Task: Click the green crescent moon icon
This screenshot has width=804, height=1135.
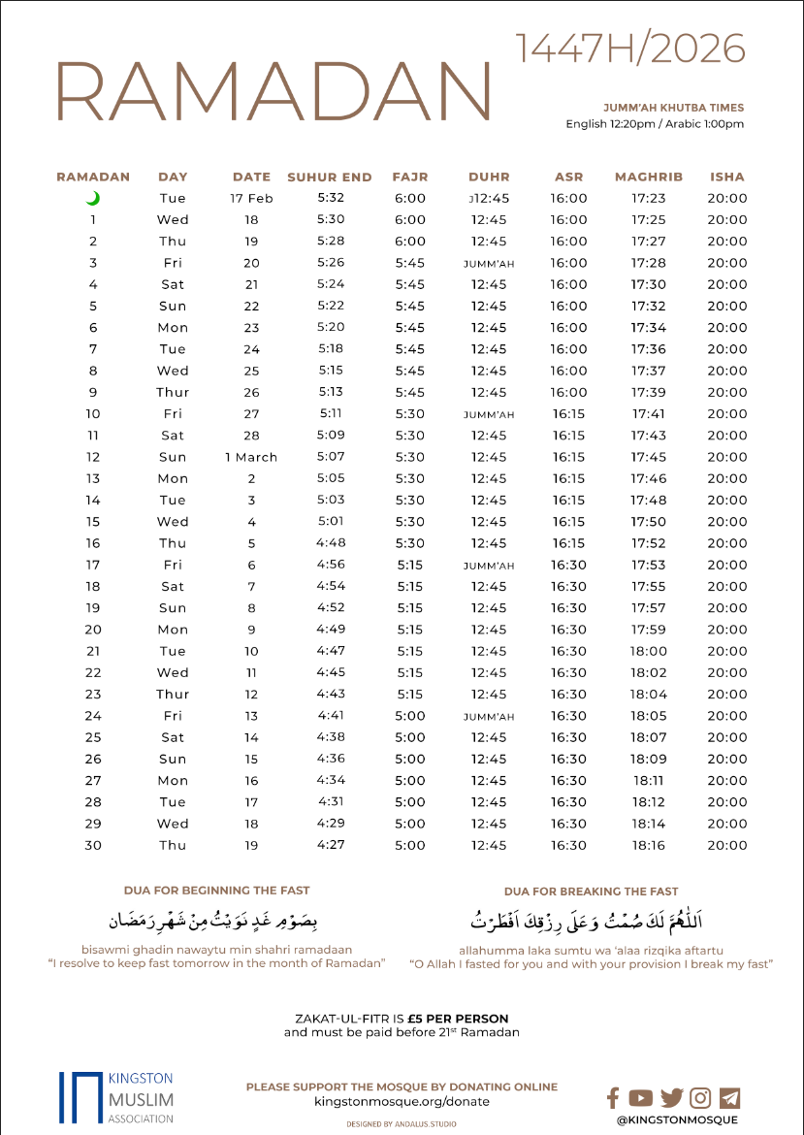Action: tap(93, 199)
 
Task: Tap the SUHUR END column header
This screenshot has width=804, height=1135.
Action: tap(330, 178)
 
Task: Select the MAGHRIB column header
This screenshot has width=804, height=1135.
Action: tap(649, 178)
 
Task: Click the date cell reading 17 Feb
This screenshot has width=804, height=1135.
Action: tap(251, 199)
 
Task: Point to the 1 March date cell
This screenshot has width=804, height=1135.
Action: tap(251, 457)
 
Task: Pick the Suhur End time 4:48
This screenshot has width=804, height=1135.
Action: tap(330, 543)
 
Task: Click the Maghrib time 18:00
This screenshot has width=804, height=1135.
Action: tap(649, 651)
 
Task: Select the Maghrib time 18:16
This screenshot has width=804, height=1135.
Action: tap(649, 845)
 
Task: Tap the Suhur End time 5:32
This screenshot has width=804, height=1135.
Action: tap(330, 198)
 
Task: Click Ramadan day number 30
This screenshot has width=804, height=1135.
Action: tap(93, 845)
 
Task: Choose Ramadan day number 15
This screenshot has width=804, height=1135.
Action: tap(93, 522)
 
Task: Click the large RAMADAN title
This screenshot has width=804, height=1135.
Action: tap(274, 93)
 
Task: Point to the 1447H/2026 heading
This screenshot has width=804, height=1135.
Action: tap(630, 48)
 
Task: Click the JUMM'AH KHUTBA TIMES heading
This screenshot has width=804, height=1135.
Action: tap(673, 107)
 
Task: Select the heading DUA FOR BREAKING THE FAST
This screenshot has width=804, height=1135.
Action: tap(591, 891)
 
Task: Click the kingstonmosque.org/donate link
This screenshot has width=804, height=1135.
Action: tap(402, 1102)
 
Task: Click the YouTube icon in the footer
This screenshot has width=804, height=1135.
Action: tap(640, 1097)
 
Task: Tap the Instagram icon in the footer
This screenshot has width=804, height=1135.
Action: tap(700, 1097)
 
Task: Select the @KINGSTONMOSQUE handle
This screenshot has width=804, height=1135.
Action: tap(677, 1119)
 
